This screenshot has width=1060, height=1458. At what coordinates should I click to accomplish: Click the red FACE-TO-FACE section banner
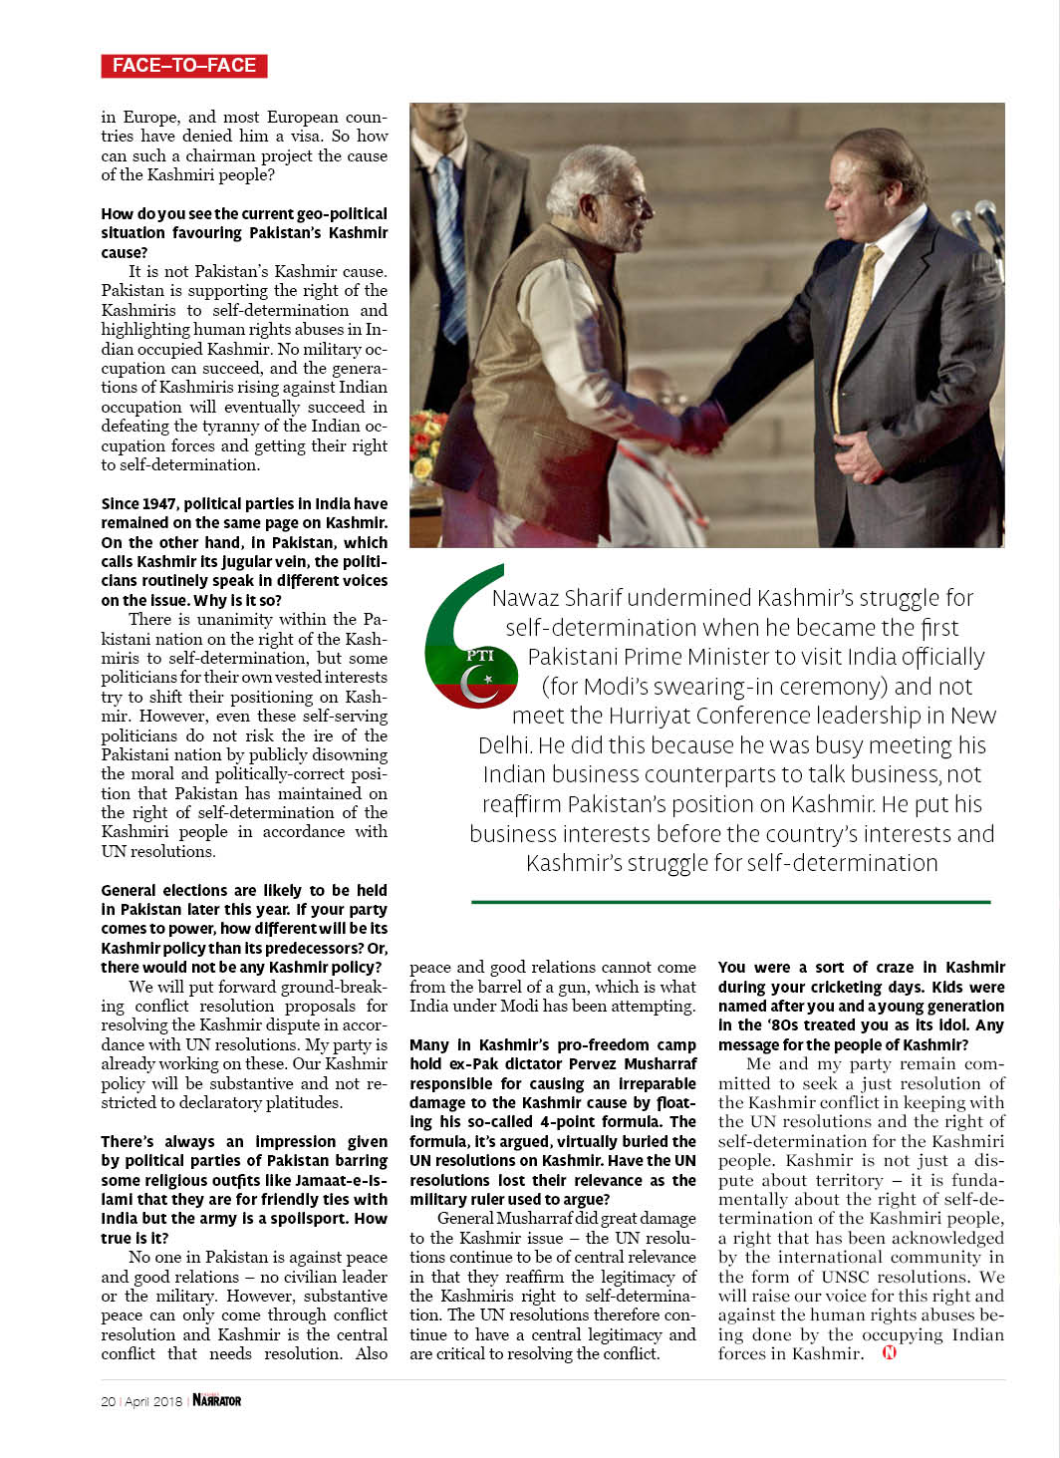tap(184, 66)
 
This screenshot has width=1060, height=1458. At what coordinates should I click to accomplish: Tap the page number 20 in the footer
tap(108, 1401)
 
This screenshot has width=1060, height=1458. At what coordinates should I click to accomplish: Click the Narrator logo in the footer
tap(217, 1400)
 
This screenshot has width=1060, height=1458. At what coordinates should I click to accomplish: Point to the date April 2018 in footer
tap(153, 1401)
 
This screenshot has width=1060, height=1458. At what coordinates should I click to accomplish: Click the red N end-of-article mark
tap(890, 1352)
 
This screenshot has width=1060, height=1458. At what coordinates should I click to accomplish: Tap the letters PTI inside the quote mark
tap(480, 655)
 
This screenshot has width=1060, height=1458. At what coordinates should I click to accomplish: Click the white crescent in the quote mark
tap(476, 686)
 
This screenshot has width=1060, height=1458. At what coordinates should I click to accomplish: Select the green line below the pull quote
tap(730, 902)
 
